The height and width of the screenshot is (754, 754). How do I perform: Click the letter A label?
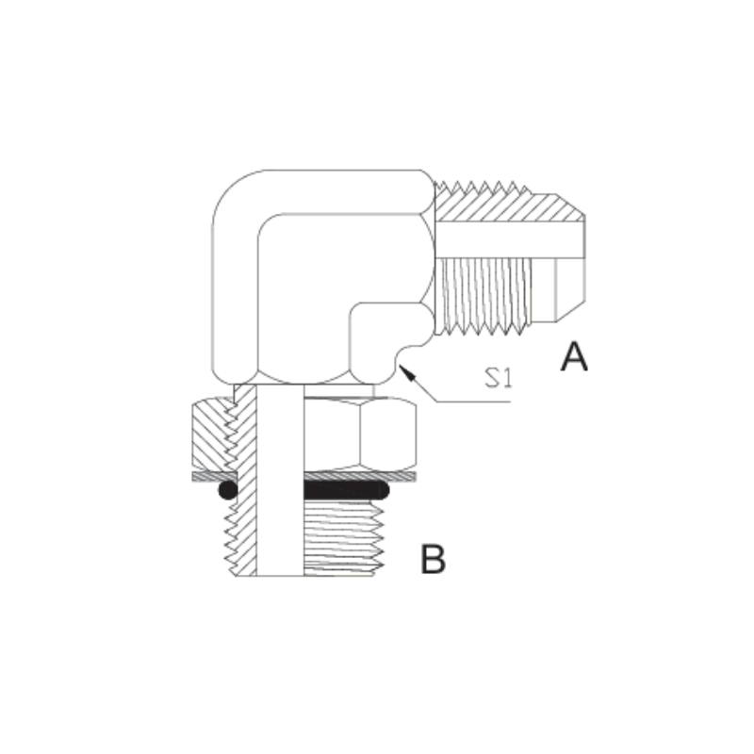point(574,357)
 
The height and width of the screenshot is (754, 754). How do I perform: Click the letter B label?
point(433,559)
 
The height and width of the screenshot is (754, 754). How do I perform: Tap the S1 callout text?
point(499,378)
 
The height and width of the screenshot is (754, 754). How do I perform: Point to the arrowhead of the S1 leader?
point(405,371)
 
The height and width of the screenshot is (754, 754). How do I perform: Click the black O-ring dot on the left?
point(227,490)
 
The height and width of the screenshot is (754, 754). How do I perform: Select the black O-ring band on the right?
point(346,490)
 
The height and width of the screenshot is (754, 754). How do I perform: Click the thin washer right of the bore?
point(360,476)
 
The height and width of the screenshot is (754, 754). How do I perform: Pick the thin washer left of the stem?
point(215,476)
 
